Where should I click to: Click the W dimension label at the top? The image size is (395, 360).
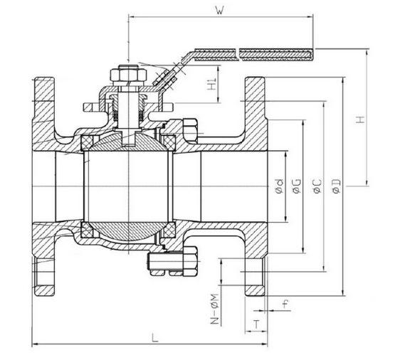click(220, 10)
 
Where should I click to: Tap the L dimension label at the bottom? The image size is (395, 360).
click(155, 338)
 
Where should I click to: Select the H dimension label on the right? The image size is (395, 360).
click(361, 120)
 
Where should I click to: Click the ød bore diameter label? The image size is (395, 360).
click(280, 186)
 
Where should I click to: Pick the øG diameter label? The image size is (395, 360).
click(297, 186)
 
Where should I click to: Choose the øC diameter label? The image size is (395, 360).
click(317, 186)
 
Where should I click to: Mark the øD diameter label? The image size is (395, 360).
click(337, 186)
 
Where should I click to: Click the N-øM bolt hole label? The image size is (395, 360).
click(215, 309)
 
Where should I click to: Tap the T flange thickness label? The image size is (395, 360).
click(256, 324)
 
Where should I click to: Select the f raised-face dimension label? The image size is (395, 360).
click(285, 305)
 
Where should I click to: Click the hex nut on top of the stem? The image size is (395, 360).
click(129, 73)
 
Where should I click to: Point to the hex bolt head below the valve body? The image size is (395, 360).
click(190, 261)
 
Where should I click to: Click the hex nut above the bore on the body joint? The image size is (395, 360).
click(190, 131)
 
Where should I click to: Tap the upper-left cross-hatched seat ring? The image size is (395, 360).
click(87, 142)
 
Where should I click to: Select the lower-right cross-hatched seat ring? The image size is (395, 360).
click(169, 230)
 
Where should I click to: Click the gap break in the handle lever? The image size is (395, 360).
click(238, 54)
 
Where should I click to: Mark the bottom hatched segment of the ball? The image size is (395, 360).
click(128, 231)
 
